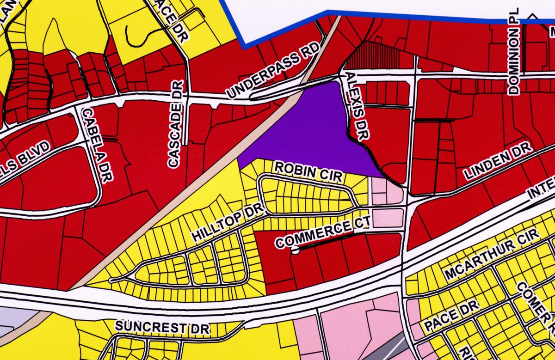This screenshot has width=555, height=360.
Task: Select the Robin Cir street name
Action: click(304, 171)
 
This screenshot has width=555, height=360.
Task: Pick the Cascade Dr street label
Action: click(175, 123)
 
